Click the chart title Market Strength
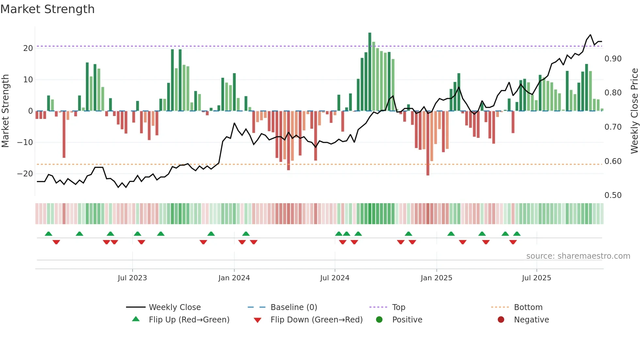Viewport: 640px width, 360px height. [47, 9]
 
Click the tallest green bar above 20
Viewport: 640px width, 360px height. [370, 72]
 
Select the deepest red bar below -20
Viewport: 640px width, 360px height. [428, 144]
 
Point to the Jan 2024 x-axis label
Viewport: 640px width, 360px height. [234, 278]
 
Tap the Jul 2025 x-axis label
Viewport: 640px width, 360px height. [536, 278]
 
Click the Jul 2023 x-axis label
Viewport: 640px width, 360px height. [132, 278]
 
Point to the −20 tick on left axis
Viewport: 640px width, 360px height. [25, 174]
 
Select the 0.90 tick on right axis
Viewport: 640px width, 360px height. [613, 59]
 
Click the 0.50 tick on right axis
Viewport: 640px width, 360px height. [613, 195]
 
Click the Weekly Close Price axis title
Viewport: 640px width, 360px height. [634, 111]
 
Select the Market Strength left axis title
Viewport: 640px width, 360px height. [6, 111]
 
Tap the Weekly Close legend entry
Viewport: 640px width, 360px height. [175, 307]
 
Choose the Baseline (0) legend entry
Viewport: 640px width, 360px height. [294, 307]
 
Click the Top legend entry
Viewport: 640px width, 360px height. [398, 307]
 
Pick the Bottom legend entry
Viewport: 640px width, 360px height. [528, 307]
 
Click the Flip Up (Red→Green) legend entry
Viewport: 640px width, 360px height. [189, 320]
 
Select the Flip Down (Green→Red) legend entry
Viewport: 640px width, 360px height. [316, 320]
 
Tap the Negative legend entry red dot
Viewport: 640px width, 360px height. [501, 320]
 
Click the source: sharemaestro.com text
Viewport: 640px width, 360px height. [578, 256]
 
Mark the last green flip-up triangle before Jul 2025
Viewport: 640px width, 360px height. [517, 234]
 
